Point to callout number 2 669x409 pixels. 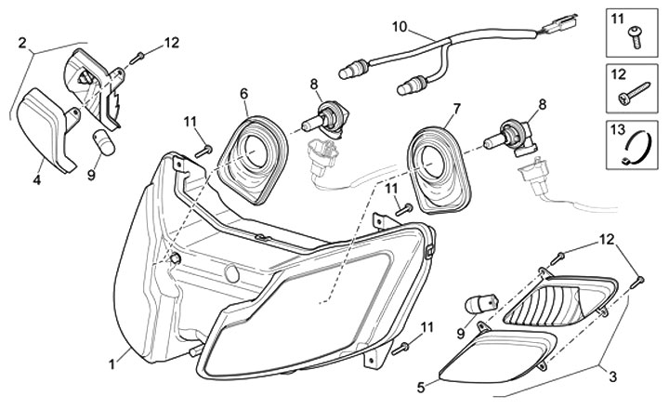[x=22, y=42]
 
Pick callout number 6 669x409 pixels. [x=244, y=93]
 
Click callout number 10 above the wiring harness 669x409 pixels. [x=400, y=28]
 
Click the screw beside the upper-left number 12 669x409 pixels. [x=138, y=56]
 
